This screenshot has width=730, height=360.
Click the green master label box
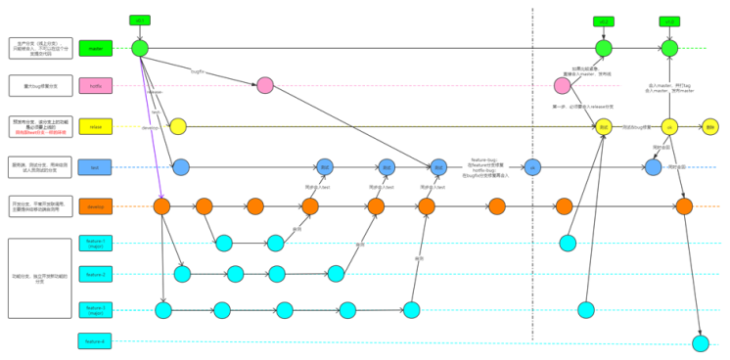pyautogui.click(x=96, y=47)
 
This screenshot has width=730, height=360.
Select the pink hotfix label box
pyautogui.click(x=96, y=86)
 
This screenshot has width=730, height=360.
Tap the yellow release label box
pyautogui.click(x=96, y=126)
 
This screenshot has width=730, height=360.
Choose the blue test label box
pyautogui.click(x=96, y=167)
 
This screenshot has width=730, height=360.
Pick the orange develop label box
pyautogui.click(x=96, y=206)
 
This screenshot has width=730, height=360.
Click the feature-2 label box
pyautogui.click(x=96, y=275)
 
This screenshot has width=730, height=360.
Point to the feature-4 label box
pyautogui.click(x=96, y=341)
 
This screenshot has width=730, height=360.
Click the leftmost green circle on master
pyautogui.click(x=140, y=47)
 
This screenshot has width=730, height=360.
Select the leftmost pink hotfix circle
pyautogui.click(x=264, y=86)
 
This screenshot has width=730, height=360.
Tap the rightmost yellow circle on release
pyautogui.click(x=710, y=126)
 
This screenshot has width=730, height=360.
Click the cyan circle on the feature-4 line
pyautogui.click(x=700, y=342)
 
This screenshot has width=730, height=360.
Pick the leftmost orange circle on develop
pyautogui.click(x=161, y=206)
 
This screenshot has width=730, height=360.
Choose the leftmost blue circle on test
pyautogui.click(x=181, y=167)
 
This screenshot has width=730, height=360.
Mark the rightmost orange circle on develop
pyautogui.click(x=684, y=206)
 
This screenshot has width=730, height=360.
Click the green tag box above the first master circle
pyautogui.click(x=140, y=20)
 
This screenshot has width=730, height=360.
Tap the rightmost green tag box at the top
pyautogui.click(x=669, y=21)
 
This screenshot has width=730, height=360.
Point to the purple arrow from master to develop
pyautogui.click(x=151, y=127)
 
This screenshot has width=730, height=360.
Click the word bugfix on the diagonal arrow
pyautogui.click(x=198, y=70)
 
